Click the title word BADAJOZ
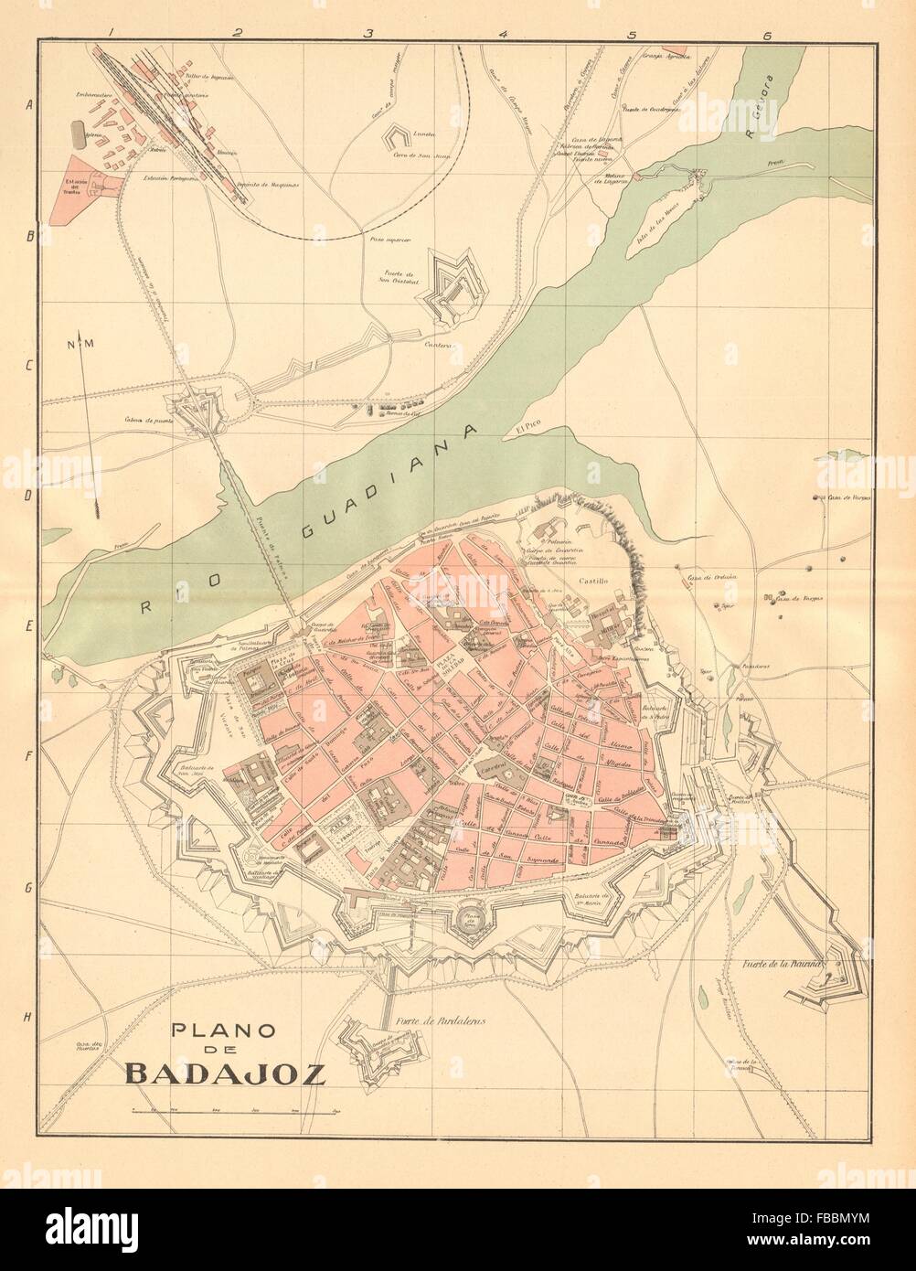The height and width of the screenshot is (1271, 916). pyautogui.click(x=224, y=1072)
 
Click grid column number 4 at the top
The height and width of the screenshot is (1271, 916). pyautogui.click(x=502, y=35)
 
